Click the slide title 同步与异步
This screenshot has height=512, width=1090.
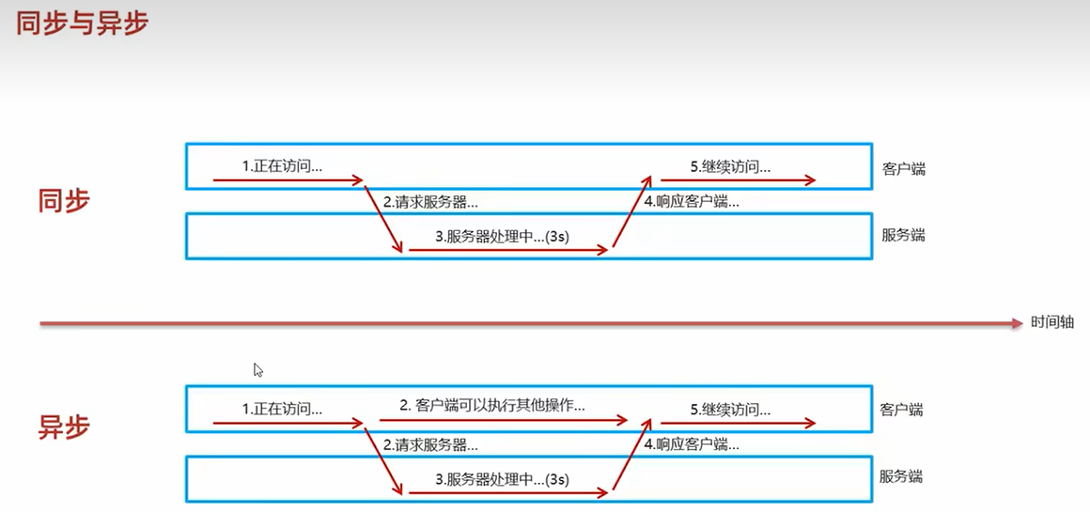[x=82, y=23]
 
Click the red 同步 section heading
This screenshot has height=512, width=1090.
[x=64, y=201]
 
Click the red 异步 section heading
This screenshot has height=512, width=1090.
[x=64, y=427]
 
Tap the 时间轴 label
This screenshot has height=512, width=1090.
[x=1052, y=322]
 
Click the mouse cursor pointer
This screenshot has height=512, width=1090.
[x=257, y=369]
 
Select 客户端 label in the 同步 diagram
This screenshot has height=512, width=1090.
[x=904, y=169]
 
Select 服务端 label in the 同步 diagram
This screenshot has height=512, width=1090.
[x=903, y=235]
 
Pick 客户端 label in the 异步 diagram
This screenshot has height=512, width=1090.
[x=902, y=410]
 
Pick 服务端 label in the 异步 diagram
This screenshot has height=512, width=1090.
[x=901, y=476]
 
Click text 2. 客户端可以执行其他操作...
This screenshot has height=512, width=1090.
[x=492, y=406]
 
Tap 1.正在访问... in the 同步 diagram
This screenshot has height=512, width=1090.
[x=282, y=166]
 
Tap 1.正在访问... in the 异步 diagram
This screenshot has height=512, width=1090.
[x=282, y=409]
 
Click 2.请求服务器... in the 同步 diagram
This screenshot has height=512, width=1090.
[x=430, y=202]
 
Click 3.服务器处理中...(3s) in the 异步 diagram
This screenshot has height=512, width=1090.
[x=502, y=479]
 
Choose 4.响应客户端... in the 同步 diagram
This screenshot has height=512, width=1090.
[x=691, y=201]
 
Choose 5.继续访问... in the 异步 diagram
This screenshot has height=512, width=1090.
[x=730, y=409]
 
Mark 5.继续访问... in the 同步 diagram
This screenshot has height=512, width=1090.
[x=730, y=166]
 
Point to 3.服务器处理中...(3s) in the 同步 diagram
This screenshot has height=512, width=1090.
[x=502, y=237]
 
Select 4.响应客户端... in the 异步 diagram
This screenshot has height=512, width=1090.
[x=691, y=444]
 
